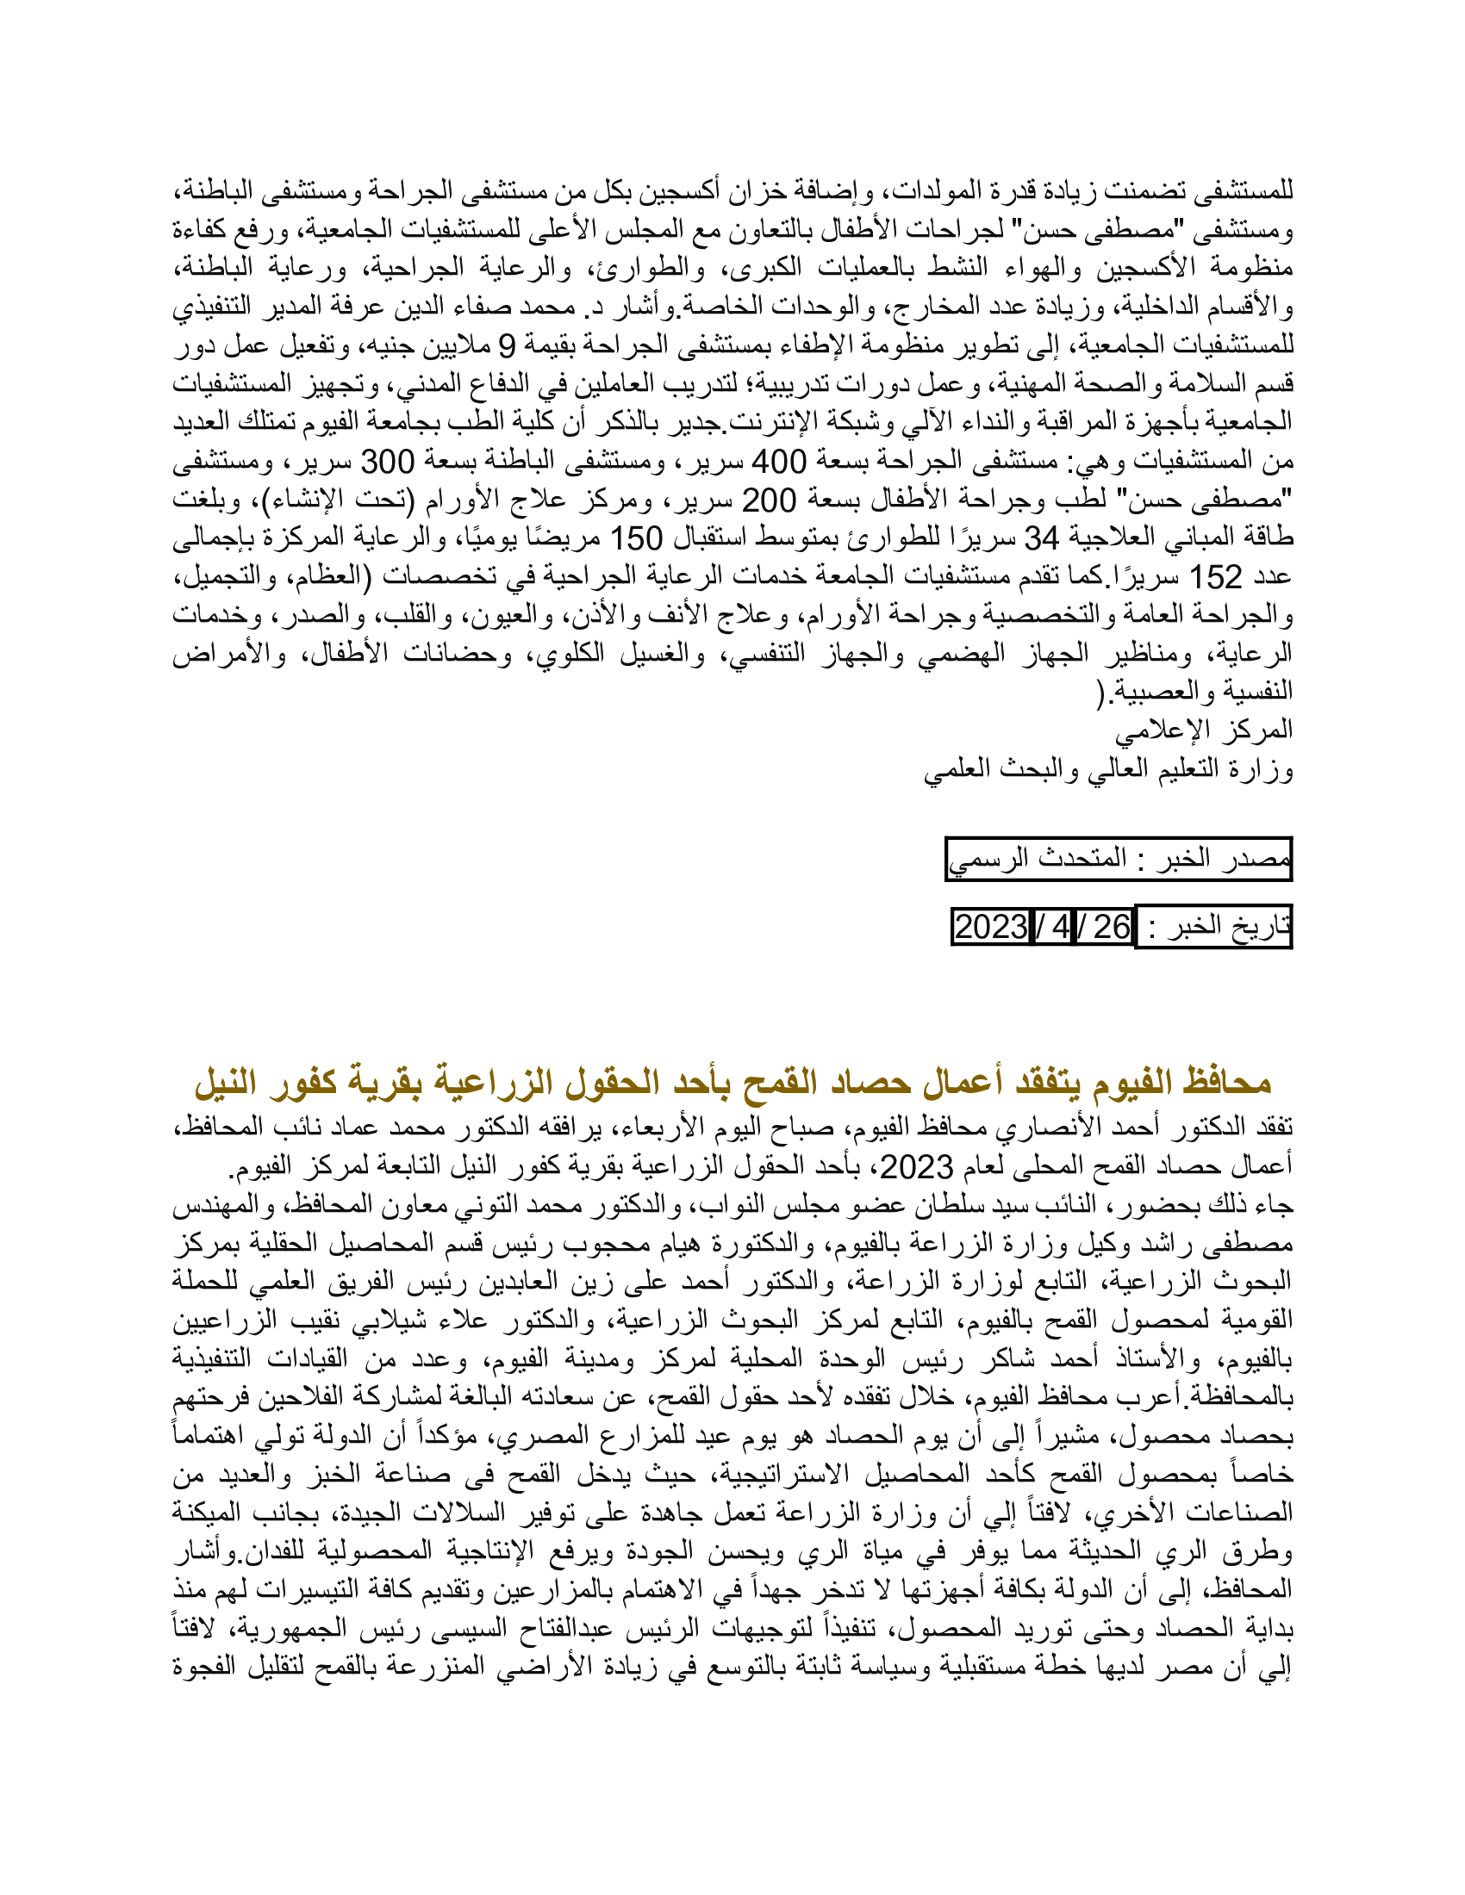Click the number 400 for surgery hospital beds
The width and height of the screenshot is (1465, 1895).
tap(780, 462)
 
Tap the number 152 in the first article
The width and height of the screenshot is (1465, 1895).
tap(1216, 577)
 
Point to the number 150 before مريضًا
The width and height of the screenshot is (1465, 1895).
tap(636, 538)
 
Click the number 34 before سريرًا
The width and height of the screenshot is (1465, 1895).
tap(1042, 538)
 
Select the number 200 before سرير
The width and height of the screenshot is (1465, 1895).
tap(769, 500)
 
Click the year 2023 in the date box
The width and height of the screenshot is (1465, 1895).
tap(991, 928)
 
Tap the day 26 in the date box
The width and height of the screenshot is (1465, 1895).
tap(1112, 928)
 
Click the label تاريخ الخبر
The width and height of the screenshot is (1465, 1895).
tap(1231, 928)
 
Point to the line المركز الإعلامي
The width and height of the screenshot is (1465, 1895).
tap(1204, 730)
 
